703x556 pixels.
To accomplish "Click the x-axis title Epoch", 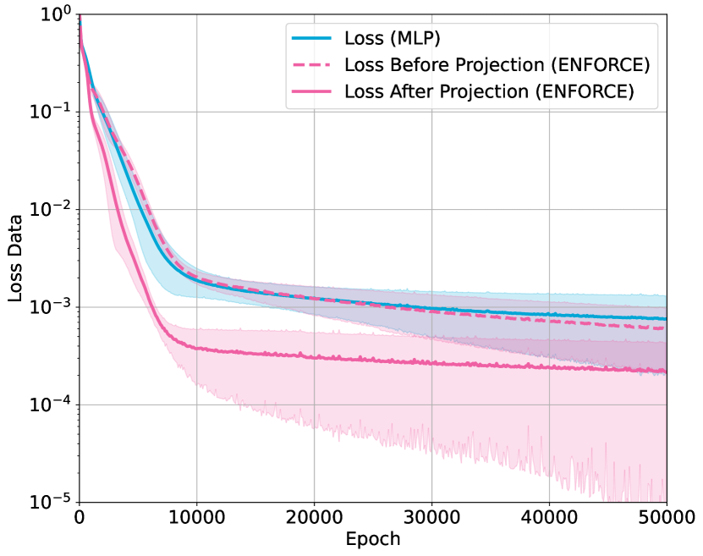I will [x=372, y=539].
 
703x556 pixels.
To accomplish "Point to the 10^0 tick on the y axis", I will [x=53, y=14].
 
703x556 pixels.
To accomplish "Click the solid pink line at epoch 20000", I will [x=314, y=358].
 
